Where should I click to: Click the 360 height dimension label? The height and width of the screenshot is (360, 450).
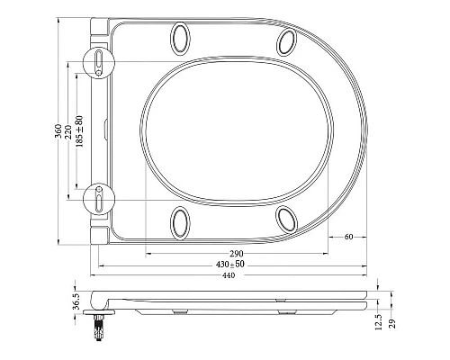(x=58, y=131)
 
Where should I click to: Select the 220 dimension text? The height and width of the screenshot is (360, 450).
(x=68, y=132)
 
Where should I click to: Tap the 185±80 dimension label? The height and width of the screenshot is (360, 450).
(x=79, y=131)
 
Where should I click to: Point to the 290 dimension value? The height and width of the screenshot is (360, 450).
(x=237, y=254)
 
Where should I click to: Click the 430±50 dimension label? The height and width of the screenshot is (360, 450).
(x=230, y=265)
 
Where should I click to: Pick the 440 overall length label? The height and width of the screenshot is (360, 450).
(x=229, y=275)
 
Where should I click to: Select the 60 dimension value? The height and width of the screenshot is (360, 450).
(x=348, y=237)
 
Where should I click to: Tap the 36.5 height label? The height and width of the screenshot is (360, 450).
(x=76, y=301)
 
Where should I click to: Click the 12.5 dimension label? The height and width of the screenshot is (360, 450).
(x=379, y=321)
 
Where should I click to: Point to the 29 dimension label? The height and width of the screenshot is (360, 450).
(x=392, y=324)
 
